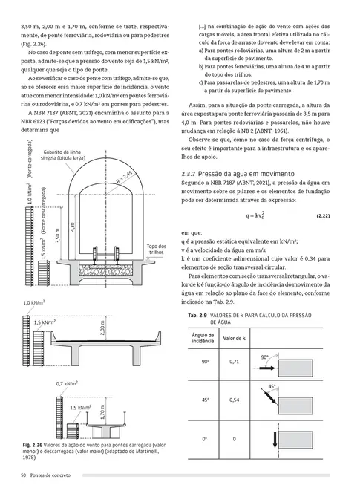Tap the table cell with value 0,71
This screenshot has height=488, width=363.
click(234, 361)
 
